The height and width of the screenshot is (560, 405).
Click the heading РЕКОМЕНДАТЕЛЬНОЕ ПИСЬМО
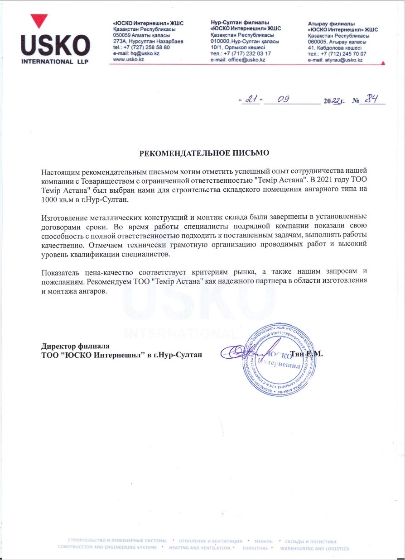204,152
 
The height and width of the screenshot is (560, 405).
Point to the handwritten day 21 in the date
251,100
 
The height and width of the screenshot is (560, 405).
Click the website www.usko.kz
128,60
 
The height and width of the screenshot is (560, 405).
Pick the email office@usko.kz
246,60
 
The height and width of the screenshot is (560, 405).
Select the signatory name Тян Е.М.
307,354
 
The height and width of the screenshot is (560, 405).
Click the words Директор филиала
73,346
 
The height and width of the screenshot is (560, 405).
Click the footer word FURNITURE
255,548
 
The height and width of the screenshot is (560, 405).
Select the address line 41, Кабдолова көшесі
334,47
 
